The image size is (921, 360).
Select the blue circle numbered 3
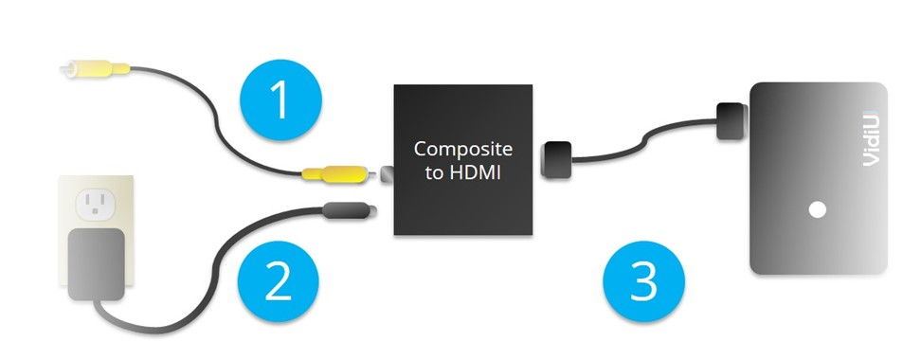(644, 280)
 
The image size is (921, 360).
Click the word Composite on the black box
(463, 150)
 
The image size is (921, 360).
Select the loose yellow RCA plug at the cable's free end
(92, 69)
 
